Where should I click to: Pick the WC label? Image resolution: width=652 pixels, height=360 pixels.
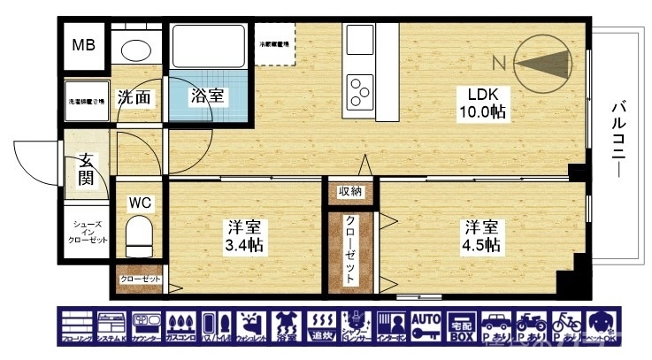141,203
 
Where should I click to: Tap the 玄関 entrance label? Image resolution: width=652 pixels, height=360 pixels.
86,168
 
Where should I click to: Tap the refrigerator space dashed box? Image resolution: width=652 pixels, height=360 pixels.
277,42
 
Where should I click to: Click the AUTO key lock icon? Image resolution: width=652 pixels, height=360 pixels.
426,326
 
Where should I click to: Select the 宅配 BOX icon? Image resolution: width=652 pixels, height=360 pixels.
461,326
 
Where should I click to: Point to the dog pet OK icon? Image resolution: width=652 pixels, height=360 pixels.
600,326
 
